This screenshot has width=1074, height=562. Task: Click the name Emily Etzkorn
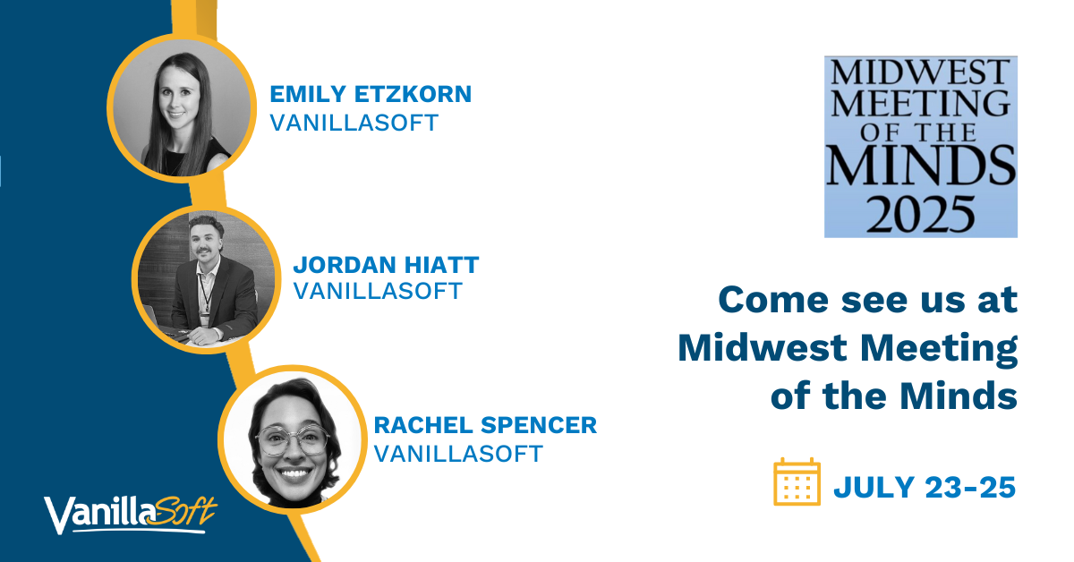[x=371, y=94]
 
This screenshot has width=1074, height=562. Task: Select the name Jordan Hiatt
[x=386, y=265]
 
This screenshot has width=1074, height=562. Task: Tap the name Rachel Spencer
[x=485, y=425]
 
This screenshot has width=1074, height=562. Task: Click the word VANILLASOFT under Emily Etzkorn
[x=354, y=123]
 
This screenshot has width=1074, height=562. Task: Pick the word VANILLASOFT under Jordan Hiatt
[x=378, y=291]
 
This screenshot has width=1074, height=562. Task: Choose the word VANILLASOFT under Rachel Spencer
[x=458, y=454]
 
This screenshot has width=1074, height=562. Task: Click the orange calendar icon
[x=797, y=482]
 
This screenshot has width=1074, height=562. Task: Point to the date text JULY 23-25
[x=925, y=488]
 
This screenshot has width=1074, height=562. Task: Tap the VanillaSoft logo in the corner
[x=131, y=515]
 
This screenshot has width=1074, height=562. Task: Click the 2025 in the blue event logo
[x=921, y=215]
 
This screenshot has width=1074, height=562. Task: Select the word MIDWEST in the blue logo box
[x=921, y=72]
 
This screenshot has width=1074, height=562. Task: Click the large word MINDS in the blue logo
[x=921, y=166]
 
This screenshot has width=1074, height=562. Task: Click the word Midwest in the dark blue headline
[x=763, y=347]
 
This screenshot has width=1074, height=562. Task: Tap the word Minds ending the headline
[x=958, y=396]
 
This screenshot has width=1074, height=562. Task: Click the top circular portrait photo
[x=182, y=108]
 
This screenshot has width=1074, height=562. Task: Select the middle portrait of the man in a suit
[x=206, y=279]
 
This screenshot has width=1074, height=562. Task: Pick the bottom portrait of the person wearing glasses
[x=293, y=439]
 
